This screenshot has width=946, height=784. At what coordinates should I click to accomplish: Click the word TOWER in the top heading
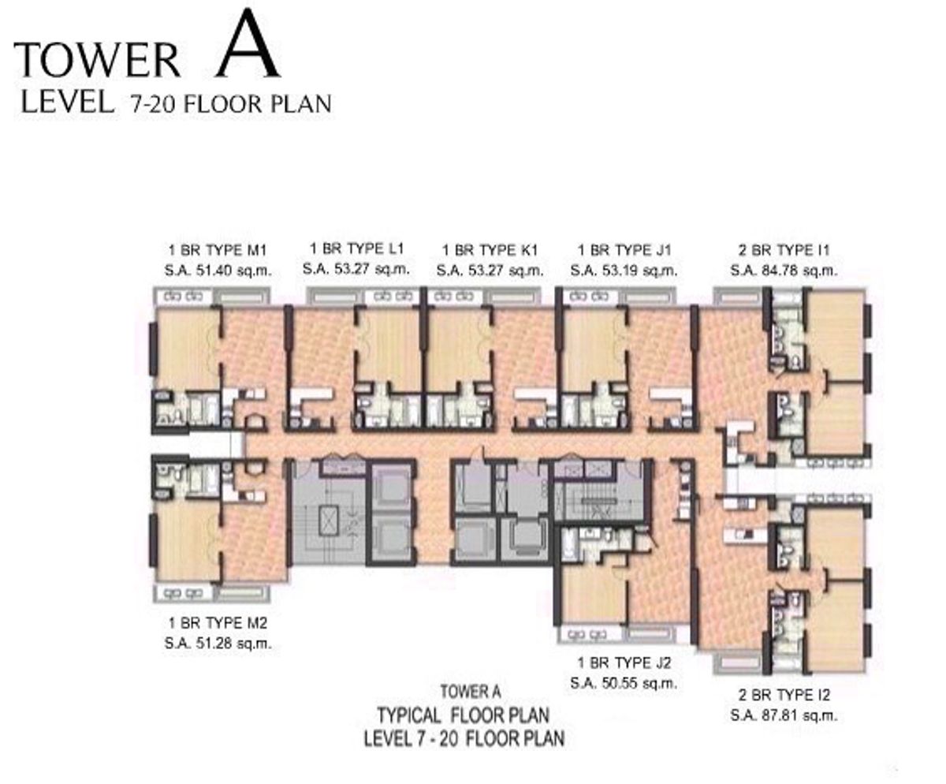[x=98, y=62]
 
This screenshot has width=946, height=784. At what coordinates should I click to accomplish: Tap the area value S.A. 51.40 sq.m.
[x=218, y=271]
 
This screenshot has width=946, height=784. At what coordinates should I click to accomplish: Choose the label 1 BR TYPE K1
[x=490, y=251]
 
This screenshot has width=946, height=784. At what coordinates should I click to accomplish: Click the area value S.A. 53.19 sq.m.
[x=624, y=271]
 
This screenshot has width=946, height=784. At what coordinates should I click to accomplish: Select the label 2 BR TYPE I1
[x=783, y=251]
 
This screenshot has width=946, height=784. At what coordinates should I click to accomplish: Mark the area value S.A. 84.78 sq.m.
[x=783, y=271]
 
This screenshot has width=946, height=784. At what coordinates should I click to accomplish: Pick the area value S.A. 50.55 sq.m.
[x=624, y=683]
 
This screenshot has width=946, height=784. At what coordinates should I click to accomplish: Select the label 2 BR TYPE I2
[x=783, y=696]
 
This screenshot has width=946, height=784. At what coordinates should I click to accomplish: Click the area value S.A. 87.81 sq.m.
[x=783, y=716]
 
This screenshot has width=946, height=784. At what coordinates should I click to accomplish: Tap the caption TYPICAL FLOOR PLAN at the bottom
[x=464, y=716]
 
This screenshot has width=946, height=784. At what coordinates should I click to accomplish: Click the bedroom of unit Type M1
[x=188, y=348]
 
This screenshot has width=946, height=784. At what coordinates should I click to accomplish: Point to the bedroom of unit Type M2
[x=188, y=541]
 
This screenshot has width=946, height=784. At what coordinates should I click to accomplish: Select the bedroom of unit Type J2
[x=593, y=592]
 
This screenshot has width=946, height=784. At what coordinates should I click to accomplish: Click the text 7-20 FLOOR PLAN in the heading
[x=225, y=103]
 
